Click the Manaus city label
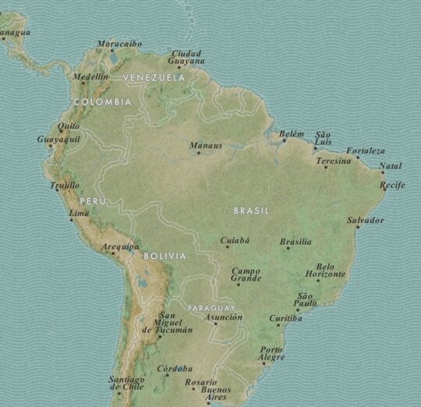coord(206,145)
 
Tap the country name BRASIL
coord(251,211)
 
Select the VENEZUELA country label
coord(154,78)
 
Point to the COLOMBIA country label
coord(102,101)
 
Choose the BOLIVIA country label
coord(165,256)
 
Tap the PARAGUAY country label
coord(210,307)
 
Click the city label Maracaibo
coord(120,44)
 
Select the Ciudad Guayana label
coord(188,57)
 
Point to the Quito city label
coord(69,126)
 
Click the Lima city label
coord(79,213)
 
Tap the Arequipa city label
coord(119,246)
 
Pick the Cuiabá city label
coord(235,240)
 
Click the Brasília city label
coord(295,242)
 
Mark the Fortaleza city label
coord(366,150)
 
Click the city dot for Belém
coord(283,141)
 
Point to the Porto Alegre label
coord(272,353)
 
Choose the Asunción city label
coord(223,317)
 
